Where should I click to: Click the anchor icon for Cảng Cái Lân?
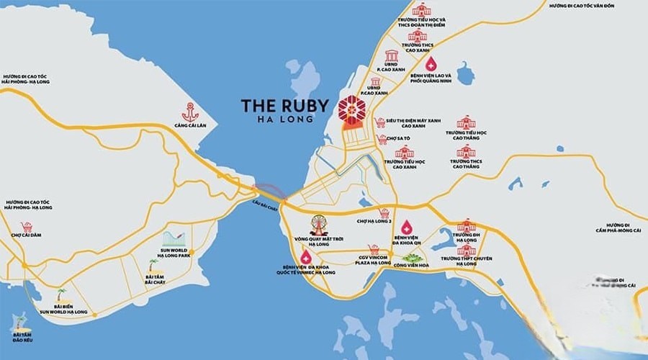tap(190, 112)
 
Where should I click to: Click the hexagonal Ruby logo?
tap(353, 108)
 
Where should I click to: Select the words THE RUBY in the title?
tap(287, 104)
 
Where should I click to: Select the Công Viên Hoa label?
tap(409, 265)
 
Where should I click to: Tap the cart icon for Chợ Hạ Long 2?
tap(385, 212)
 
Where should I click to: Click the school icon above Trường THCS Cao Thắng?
tap(466, 151)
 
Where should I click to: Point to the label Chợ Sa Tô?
tap(397, 138)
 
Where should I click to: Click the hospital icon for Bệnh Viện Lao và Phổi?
tap(431, 63)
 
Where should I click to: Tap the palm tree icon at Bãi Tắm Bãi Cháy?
tap(152, 264)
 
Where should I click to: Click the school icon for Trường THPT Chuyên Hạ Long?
tap(466, 250)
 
